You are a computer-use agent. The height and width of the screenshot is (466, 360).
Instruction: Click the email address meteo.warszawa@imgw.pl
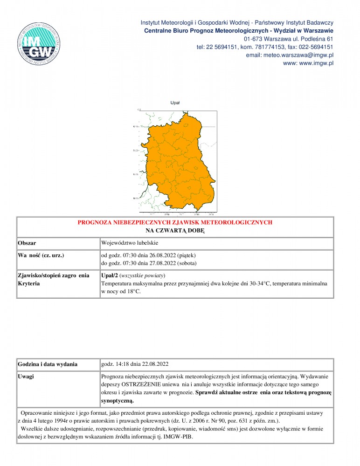pyautogui.click(x=289, y=55)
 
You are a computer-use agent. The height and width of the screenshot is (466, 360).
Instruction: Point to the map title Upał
pyautogui.click(x=175, y=103)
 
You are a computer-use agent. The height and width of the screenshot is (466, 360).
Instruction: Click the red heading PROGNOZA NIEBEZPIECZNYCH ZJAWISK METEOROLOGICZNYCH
pyautogui.click(x=175, y=223)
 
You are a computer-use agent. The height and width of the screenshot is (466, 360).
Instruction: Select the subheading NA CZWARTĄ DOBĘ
pyautogui.click(x=175, y=231)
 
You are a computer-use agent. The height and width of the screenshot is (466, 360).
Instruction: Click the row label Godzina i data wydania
pyautogui.click(x=48, y=364)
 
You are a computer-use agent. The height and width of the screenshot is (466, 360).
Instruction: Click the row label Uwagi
pyautogui.click(x=26, y=376)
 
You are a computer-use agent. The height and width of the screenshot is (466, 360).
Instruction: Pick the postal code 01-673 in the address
pyautogui.click(x=253, y=39)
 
